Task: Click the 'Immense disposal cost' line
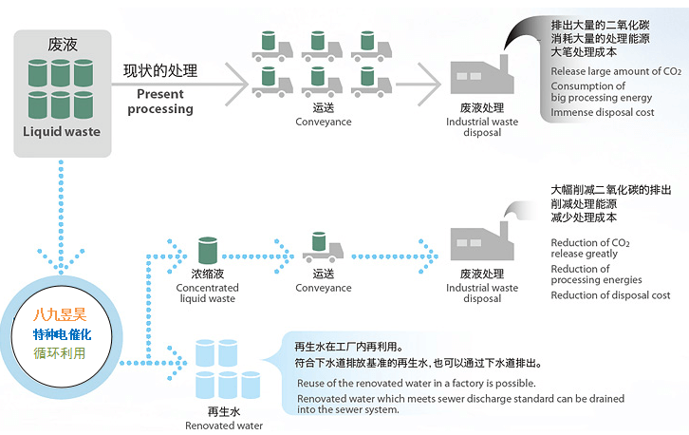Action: click(603, 112)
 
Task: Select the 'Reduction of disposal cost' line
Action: click(610, 295)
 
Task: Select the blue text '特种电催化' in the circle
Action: click(62, 334)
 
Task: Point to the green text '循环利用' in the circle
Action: click(60, 353)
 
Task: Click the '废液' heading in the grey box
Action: click(62, 44)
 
